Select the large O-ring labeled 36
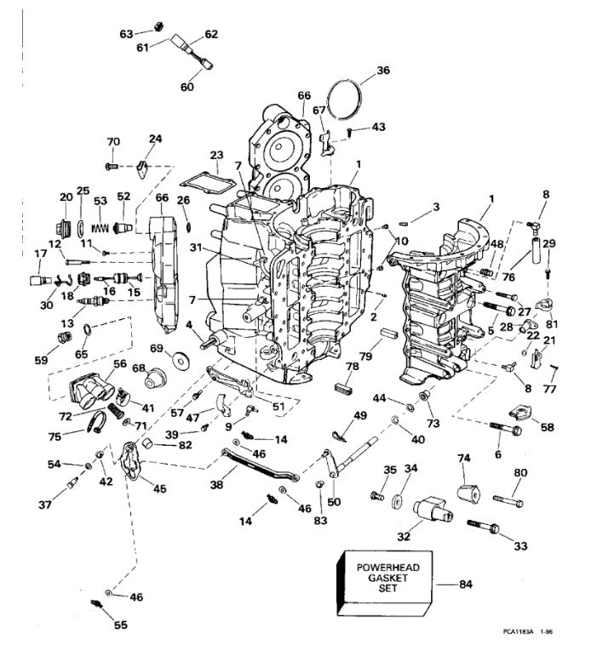pyautogui.click(x=343, y=96)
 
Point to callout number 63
pyautogui.click(x=127, y=34)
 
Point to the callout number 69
pyautogui.click(x=156, y=350)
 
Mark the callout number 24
pyautogui.click(x=155, y=139)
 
